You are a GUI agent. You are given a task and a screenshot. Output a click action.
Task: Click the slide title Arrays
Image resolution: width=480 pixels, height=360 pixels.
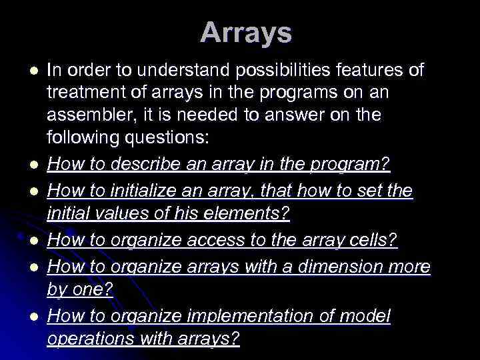(x=245, y=33)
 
